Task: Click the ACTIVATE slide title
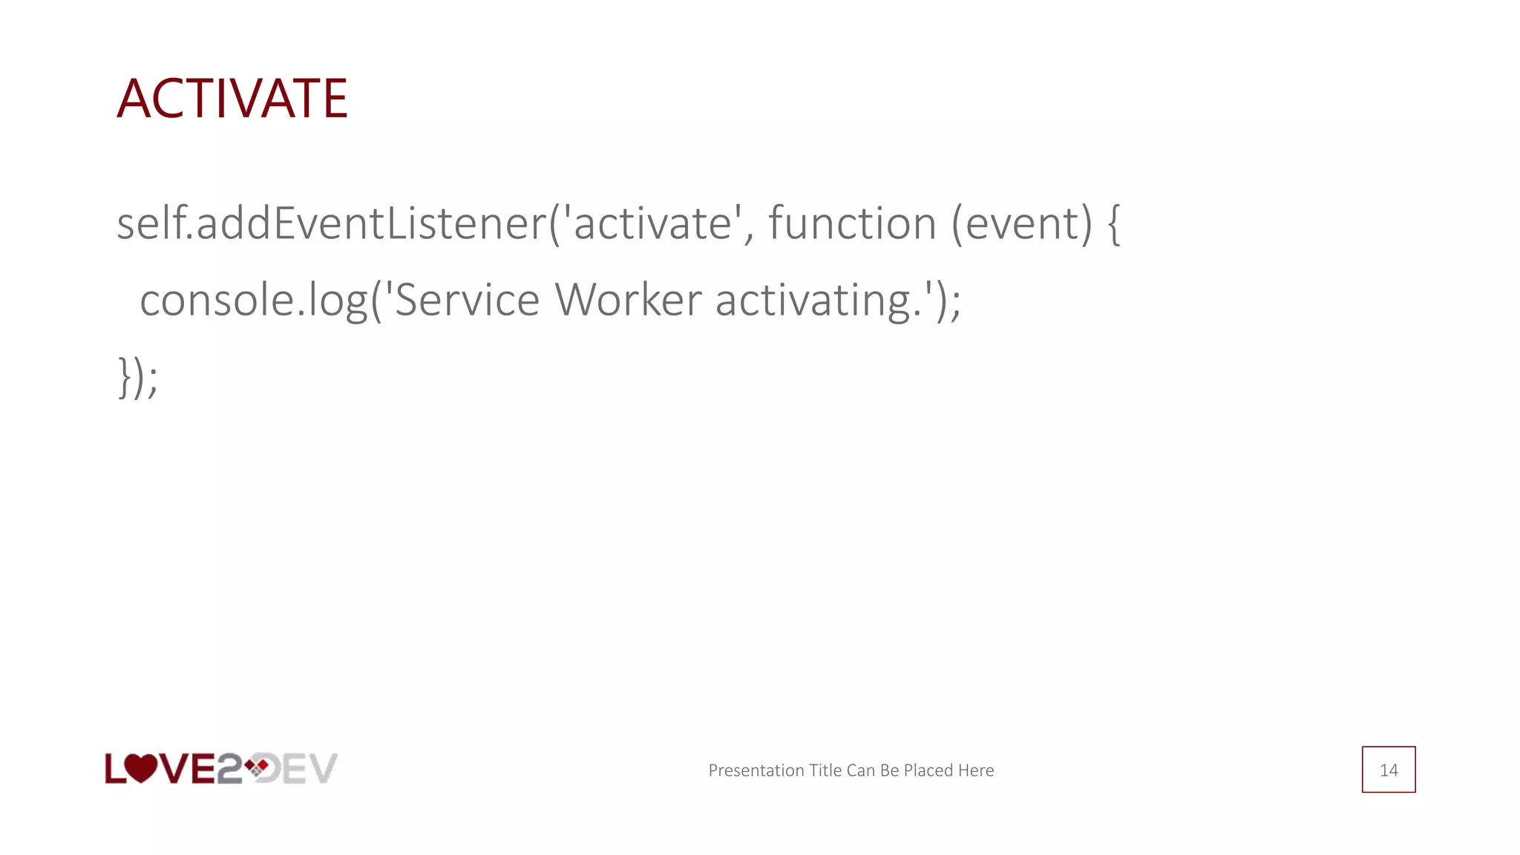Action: click(232, 99)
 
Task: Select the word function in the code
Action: click(852, 223)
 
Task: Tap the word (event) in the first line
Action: click(1022, 223)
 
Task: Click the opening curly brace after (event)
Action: click(1113, 225)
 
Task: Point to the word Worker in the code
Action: click(628, 300)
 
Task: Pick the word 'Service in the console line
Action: click(461, 300)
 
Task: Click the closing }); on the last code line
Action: click(138, 377)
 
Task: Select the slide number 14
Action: click(1389, 770)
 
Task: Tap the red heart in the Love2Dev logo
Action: click(140, 768)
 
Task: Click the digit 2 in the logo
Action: click(228, 769)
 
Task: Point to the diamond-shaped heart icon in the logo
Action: click(257, 767)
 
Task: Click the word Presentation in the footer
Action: click(756, 770)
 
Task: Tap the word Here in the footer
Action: click(975, 770)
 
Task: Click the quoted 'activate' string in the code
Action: click(654, 223)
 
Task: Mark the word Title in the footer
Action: click(825, 770)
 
